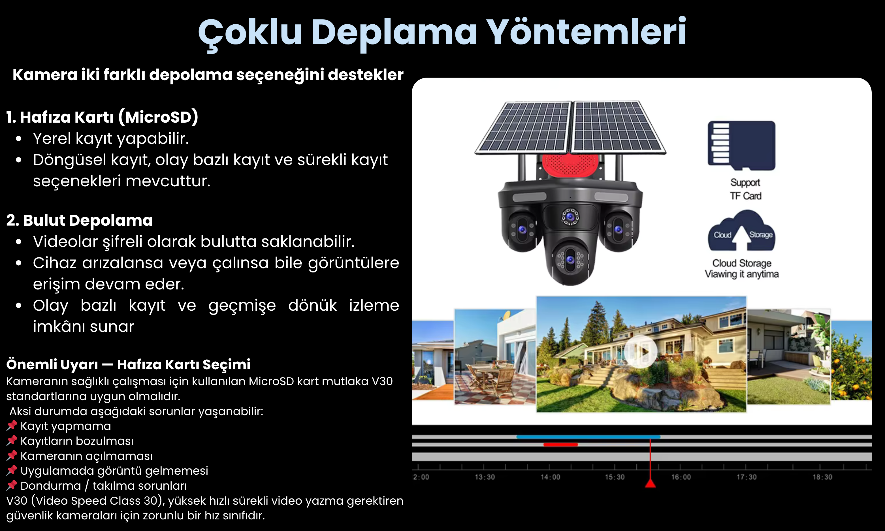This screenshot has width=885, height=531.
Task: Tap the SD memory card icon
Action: pos(741,145)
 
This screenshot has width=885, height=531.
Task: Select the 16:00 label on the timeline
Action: pos(681,477)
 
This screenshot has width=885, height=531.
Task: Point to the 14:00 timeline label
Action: pos(550,477)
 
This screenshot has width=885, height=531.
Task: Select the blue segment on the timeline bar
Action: pos(588,437)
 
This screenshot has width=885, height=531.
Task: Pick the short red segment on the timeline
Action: pos(560,444)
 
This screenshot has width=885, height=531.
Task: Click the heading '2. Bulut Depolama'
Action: pos(79,220)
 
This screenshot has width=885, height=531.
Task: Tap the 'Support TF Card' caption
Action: pos(745,189)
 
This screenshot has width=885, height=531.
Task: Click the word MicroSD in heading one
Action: pos(159,117)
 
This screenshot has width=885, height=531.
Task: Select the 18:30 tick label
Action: pos(822,477)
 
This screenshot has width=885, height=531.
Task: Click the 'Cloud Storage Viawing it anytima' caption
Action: pos(741,268)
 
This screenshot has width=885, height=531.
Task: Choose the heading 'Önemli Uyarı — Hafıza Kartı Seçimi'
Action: pos(128,364)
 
